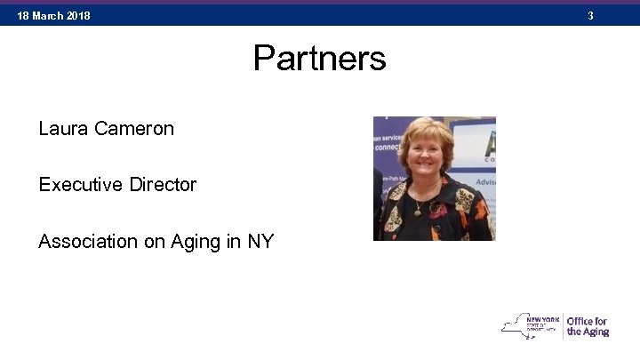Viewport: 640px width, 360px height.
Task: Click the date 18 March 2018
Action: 53,16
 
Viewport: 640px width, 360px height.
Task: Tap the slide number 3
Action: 614,16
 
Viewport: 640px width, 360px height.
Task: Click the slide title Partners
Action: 319,59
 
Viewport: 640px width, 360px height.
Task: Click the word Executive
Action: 81,185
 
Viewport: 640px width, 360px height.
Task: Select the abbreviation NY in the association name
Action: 260,241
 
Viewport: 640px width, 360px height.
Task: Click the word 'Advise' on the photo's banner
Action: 485,181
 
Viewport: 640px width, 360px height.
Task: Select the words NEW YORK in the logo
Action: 543,316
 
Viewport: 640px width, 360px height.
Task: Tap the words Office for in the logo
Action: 588,321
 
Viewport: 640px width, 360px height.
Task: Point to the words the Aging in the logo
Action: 588,332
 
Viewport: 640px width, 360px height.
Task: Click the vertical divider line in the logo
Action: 563,325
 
